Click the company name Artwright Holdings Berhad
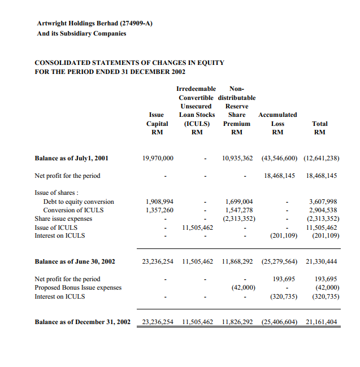click(x=77, y=23)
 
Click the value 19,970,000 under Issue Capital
click(x=158, y=158)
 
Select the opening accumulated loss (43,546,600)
click(x=279, y=158)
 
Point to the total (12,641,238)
click(x=321, y=158)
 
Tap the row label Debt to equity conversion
click(x=79, y=202)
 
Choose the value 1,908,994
click(x=159, y=202)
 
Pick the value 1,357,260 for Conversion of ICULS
click(x=159, y=210)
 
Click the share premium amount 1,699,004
click(x=239, y=202)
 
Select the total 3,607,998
click(x=323, y=202)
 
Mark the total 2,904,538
click(x=323, y=210)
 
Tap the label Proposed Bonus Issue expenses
click(x=78, y=287)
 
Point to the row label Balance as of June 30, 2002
click(x=75, y=261)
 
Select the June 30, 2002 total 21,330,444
click(x=321, y=261)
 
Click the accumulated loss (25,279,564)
click(x=279, y=261)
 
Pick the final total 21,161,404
click(x=321, y=322)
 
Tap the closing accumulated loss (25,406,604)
click(x=279, y=322)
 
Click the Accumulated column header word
click(x=277, y=115)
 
